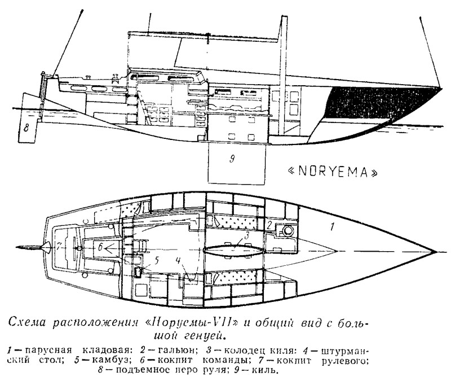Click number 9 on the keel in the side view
coord(232,159)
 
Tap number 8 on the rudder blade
coord(26,128)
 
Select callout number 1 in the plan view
coord(331,227)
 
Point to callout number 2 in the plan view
coord(269,225)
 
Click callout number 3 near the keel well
coord(246,235)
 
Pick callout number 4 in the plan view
coord(178,261)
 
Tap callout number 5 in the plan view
coord(157,260)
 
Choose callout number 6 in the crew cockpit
coord(100,247)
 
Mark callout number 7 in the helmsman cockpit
coord(59,247)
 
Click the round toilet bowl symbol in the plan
coord(288,231)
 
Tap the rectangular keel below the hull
coord(236,163)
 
